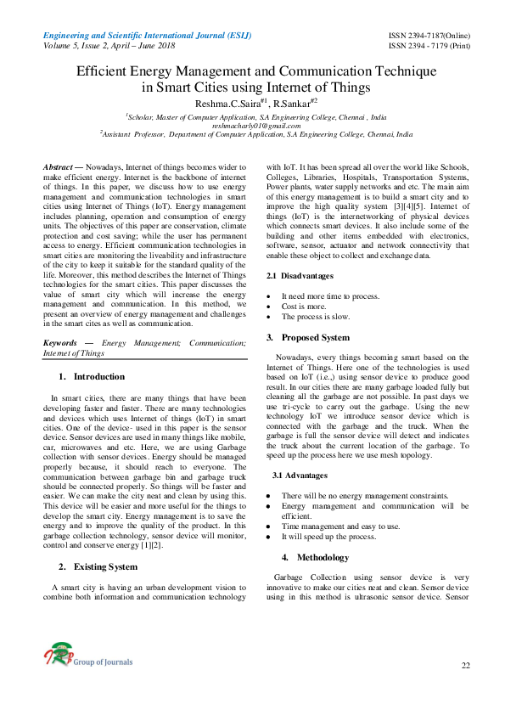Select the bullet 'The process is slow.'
[317, 316]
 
